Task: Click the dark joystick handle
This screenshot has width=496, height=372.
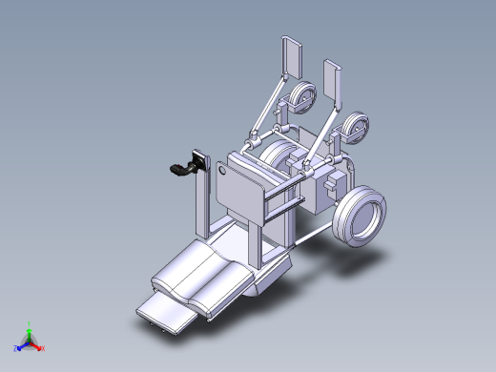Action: click(x=178, y=170)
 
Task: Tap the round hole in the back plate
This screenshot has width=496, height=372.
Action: click(x=222, y=173)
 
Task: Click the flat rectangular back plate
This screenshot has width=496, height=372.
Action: click(x=238, y=186)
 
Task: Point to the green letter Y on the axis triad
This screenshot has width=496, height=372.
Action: click(x=30, y=324)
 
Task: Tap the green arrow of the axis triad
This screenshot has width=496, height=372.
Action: click(x=30, y=333)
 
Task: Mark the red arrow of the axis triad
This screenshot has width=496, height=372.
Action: click(x=36, y=343)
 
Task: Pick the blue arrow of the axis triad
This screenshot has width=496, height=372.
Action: click(x=23, y=343)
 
